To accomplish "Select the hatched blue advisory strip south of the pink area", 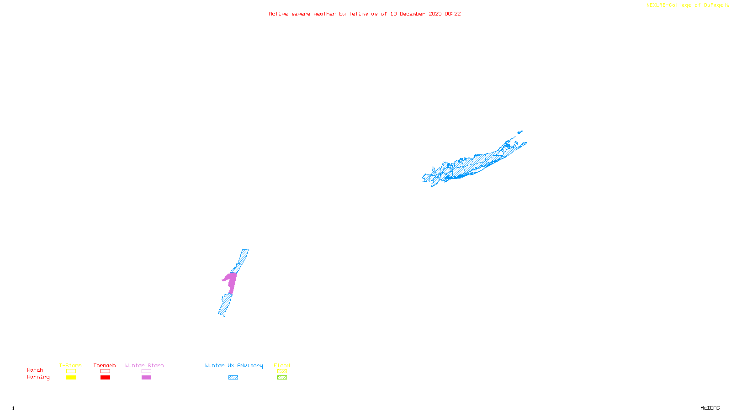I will click(225, 305).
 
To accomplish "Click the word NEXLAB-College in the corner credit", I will click(668, 5).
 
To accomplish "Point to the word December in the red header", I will click(413, 14).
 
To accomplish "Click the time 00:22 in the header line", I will click(452, 14).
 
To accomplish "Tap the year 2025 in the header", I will click(435, 14).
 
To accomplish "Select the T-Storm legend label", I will click(70, 365).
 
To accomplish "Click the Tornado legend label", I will click(105, 365).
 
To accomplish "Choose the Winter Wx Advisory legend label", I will click(234, 365).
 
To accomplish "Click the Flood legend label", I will click(282, 365).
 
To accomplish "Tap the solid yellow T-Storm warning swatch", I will click(71, 378).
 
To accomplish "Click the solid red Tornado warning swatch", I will click(105, 378).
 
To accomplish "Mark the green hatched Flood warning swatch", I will click(282, 378).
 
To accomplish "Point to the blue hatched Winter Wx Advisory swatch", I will click(233, 378).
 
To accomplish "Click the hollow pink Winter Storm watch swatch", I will click(146, 371).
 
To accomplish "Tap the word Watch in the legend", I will click(35, 370).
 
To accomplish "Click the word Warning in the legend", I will click(38, 377).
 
